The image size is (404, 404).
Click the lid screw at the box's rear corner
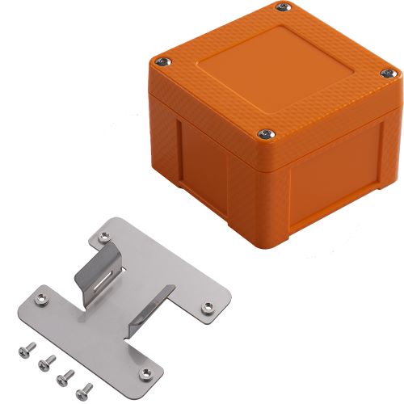(282, 8)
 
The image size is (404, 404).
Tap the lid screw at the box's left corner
(164, 61)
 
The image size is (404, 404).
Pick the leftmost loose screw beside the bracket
(21, 349)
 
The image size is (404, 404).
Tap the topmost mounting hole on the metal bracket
(103, 237)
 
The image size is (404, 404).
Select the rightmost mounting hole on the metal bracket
(207, 305)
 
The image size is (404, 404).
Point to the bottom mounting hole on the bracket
(144, 372)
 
